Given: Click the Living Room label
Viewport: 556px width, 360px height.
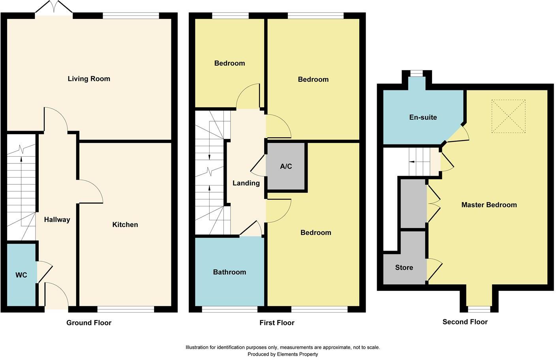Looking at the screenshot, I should point(89,79).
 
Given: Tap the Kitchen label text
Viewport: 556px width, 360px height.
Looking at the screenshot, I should point(125,225).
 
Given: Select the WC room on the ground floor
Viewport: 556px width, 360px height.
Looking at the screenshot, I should point(21,275).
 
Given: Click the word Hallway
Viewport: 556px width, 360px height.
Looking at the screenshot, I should point(57,219).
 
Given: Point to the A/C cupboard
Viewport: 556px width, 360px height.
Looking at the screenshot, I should point(286,166).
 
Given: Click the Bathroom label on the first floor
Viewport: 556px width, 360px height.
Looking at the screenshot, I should point(229,272).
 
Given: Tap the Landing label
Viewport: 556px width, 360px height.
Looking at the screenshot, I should point(246,183).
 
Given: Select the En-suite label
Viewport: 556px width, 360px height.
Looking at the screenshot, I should point(423,117).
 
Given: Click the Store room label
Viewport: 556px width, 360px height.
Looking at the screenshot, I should point(404,267).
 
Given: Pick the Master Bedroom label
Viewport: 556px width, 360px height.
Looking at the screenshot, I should point(489,204).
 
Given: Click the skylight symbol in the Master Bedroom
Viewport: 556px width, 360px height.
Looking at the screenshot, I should point(509,116).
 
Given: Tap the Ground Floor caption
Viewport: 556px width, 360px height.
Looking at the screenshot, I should point(89,322).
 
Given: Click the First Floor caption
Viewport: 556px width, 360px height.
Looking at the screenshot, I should point(277,322).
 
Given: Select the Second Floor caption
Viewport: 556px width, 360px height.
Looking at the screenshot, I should point(465,322).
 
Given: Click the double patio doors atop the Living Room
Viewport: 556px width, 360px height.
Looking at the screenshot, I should point(54,9).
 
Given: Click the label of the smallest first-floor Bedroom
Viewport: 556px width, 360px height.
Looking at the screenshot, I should point(229,63).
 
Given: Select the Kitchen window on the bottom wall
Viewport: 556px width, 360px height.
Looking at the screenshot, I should point(126,309).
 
